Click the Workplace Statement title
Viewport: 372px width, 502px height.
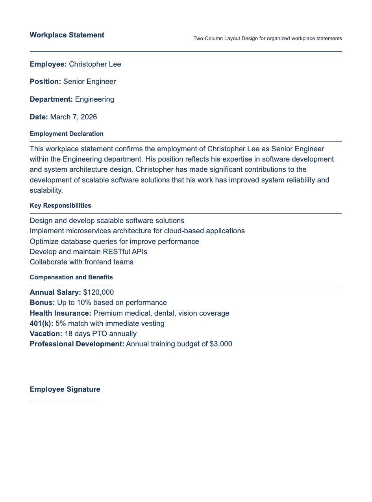(67, 35)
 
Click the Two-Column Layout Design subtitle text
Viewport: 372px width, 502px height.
(268, 39)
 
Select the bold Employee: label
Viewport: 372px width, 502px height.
(48, 64)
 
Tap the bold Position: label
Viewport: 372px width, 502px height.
(45, 82)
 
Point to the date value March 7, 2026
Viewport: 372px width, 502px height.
(74, 117)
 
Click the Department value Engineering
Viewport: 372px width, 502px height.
(94, 99)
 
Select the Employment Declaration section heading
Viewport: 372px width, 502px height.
(67, 134)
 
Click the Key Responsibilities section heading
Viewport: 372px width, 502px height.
(60, 206)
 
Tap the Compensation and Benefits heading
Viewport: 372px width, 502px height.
(71, 277)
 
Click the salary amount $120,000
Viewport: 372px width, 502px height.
(98, 292)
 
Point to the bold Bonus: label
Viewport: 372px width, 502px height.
(43, 303)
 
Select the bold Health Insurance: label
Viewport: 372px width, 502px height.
(61, 313)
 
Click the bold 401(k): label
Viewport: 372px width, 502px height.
(41, 324)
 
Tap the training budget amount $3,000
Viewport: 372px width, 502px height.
(221, 344)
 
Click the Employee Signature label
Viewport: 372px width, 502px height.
(65, 389)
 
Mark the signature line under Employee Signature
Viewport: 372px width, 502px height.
(65, 402)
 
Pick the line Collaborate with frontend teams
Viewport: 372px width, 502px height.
(81, 262)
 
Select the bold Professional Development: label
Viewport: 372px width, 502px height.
(77, 344)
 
